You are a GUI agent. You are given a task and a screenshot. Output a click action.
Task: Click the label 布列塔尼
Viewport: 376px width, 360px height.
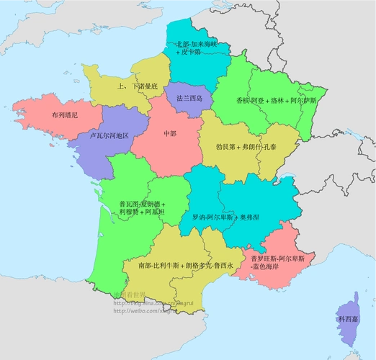click(64, 115)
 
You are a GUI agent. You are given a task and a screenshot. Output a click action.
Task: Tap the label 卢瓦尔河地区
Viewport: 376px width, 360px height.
click(109, 135)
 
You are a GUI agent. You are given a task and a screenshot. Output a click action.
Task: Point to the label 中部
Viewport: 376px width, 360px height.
click(170, 133)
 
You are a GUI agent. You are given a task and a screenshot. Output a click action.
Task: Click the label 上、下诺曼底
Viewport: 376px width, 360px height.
click(137, 86)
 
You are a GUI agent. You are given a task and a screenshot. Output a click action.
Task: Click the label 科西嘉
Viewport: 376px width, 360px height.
click(349, 318)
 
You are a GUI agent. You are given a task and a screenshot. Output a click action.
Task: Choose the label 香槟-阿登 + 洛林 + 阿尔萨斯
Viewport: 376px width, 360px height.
click(276, 101)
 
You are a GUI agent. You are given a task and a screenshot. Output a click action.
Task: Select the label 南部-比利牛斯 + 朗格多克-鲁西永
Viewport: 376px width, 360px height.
click(186, 266)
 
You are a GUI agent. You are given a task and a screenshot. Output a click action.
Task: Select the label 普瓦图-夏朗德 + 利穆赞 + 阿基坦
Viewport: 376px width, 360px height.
click(142, 207)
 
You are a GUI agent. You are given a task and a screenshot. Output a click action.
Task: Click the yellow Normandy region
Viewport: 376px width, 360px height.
click(115, 79)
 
